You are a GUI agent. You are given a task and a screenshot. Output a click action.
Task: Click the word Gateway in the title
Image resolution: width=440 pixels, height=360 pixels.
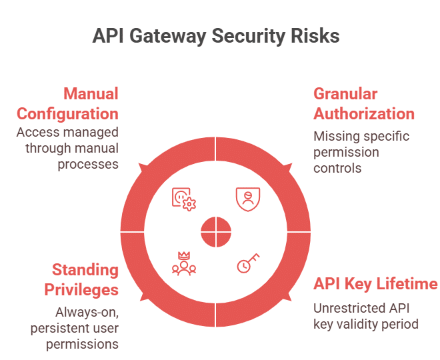[168, 36]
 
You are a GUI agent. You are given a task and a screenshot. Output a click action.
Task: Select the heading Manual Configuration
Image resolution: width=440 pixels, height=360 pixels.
[67, 104]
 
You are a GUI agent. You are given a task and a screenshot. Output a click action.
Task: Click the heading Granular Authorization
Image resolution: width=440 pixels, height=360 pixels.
[364, 104]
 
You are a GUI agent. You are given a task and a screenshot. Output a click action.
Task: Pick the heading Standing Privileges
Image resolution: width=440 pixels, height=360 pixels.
[81, 280]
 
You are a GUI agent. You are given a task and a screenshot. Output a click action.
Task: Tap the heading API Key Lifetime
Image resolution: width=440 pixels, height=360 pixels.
[375, 284]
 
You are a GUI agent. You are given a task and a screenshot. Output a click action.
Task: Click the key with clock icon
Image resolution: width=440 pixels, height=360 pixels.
[249, 263]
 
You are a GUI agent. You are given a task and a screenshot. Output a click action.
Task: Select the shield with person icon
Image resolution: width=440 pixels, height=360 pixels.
[248, 199]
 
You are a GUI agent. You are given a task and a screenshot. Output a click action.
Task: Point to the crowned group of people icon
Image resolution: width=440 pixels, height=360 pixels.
[184, 263]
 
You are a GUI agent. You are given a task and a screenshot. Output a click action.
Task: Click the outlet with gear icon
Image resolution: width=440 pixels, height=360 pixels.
[184, 199]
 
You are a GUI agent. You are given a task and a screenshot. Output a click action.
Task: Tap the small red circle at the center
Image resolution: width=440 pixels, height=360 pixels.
[216, 232]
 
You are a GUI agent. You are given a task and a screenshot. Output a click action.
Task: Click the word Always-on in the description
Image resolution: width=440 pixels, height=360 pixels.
[87, 312]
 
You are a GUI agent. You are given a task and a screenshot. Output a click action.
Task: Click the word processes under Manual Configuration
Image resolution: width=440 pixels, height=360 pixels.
[88, 165]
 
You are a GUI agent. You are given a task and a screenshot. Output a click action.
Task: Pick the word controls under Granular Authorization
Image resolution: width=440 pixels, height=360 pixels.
[337, 169]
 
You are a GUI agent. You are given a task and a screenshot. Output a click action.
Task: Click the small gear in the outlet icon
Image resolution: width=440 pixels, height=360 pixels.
[189, 204]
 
